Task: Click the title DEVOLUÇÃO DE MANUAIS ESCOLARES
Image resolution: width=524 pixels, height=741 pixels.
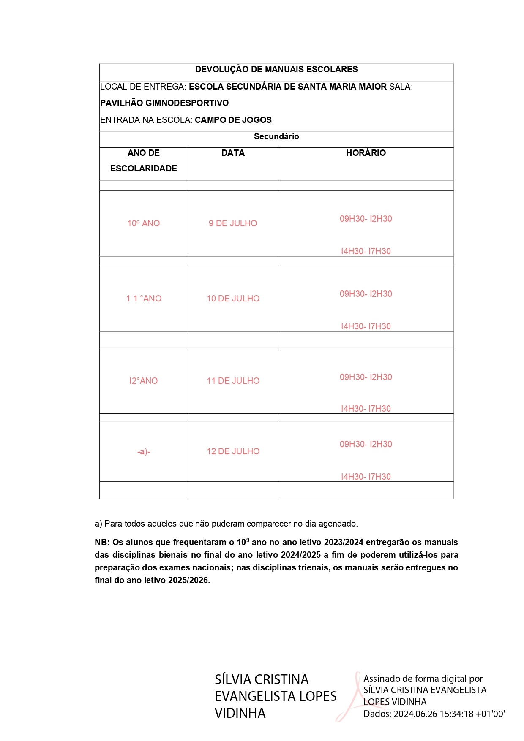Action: (x=276, y=69)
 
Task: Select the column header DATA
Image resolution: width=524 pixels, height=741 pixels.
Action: (x=233, y=153)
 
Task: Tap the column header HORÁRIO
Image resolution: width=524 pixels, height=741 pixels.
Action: (x=366, y=153)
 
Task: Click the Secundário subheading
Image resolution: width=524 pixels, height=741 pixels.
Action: (x=276, y=136)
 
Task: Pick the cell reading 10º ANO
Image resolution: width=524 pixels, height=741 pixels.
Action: (x=144, y=223)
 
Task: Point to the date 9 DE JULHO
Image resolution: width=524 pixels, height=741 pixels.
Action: (x=233, y=223)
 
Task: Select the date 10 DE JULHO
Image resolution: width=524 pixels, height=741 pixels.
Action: (x=233, y=299)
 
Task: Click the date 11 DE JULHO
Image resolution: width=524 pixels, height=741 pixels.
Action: (x=233, y=381)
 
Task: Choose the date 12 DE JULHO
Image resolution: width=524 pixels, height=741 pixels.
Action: (x=233, y=451)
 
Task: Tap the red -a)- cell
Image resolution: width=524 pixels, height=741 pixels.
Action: (x=144, y=452)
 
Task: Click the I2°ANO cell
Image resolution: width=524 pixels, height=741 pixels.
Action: (x=144, y=381)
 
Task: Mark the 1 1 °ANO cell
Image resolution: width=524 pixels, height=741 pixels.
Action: (x=144, y=299)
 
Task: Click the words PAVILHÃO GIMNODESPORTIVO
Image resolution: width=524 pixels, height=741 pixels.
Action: (x=164, y=103)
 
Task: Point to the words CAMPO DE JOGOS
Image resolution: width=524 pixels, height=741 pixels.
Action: (x=233, y=120)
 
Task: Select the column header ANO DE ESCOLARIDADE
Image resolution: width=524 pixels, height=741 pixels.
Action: (x=144, y=161)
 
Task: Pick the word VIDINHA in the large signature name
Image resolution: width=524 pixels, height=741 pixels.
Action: (x=240, y=713)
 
